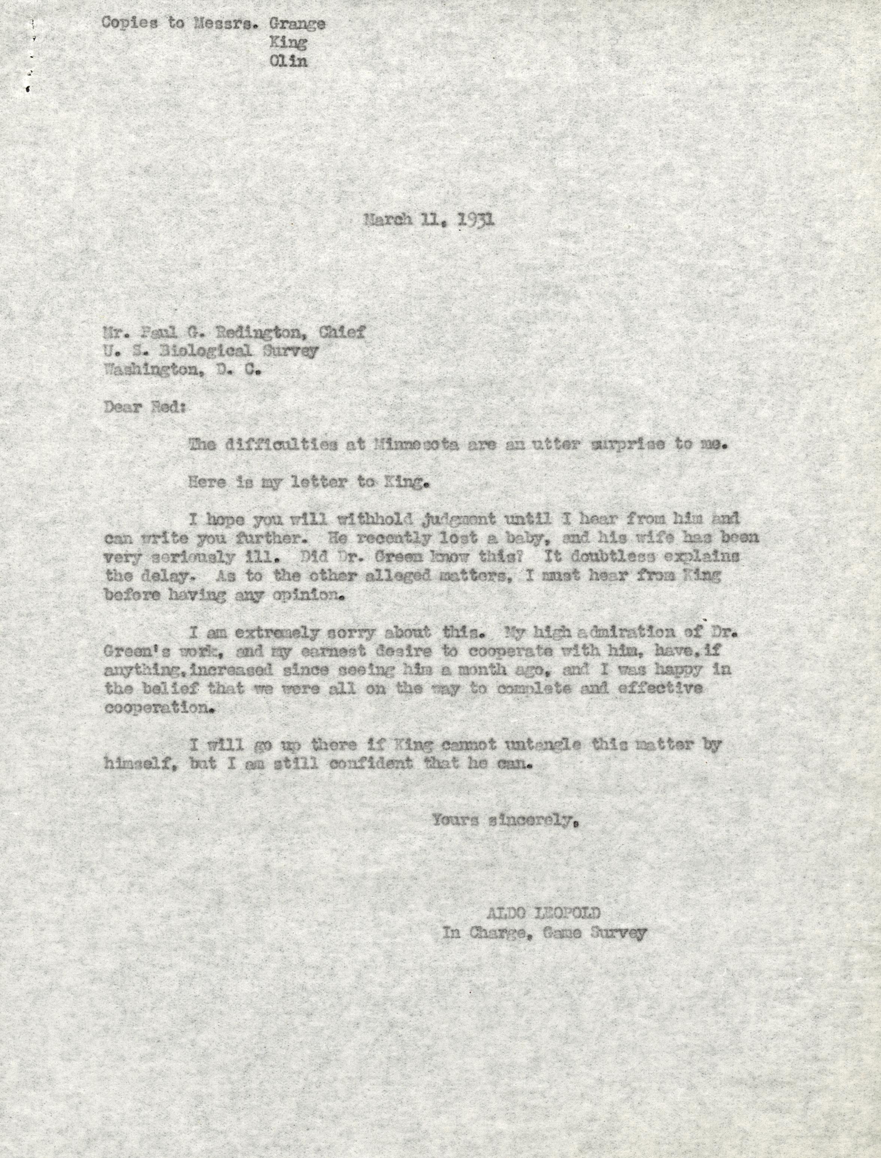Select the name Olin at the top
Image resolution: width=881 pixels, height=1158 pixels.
288,61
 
